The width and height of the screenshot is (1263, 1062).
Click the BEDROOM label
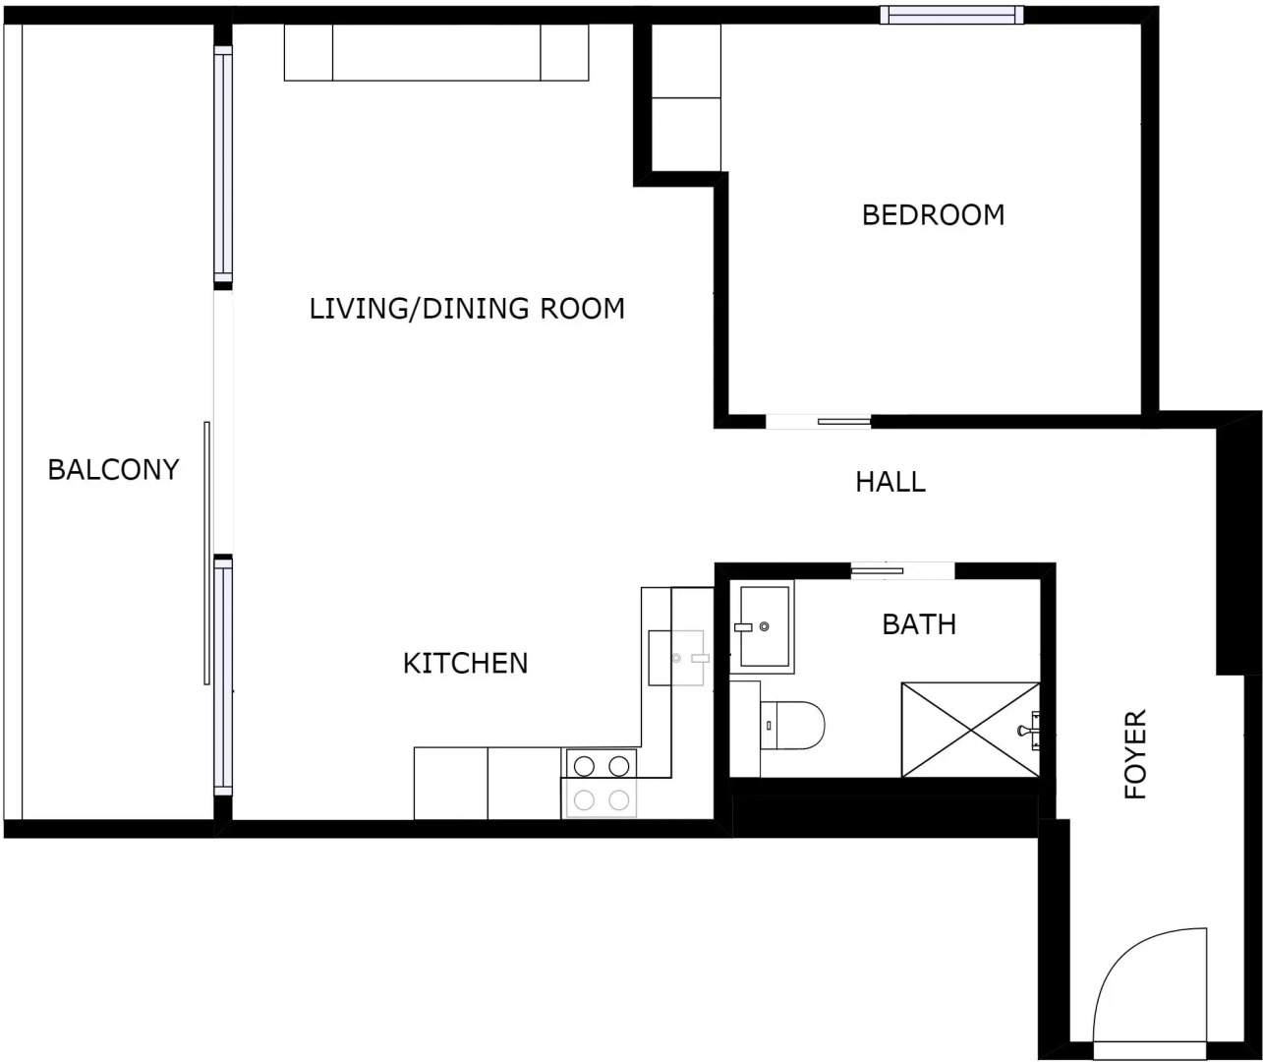tap(933, 214)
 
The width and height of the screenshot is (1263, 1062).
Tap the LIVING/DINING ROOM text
tap(467, 309)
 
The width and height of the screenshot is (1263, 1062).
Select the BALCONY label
tap(113, 470)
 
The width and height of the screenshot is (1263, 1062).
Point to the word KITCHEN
tap(465, 664)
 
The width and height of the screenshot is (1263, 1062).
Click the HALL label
tap(890, 482)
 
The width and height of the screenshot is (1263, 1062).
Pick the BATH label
tap(918, 624)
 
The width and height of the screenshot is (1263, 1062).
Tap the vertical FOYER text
tap(1136, 754)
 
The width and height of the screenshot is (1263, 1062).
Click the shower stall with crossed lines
tap(969, 729)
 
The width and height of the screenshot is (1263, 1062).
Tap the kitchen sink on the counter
tap(677, 657)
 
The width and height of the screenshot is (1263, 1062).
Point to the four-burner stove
tap(601, 783)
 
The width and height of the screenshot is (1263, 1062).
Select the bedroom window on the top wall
tap(950, 14)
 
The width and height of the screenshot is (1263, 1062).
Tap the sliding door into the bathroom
tap(901, 570)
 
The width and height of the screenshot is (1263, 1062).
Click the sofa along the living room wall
tap(436, 52)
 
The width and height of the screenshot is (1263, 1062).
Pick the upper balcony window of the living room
tap(223, 167)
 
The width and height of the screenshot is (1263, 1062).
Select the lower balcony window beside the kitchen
tap(223, 678)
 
